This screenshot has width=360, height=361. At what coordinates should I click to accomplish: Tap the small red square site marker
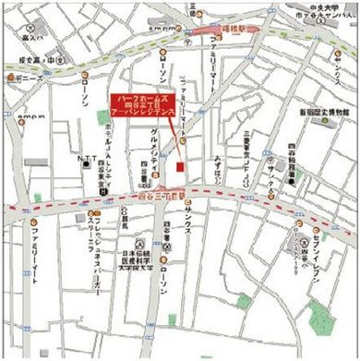pos(180,166)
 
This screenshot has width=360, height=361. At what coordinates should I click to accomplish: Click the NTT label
pos(87,159)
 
